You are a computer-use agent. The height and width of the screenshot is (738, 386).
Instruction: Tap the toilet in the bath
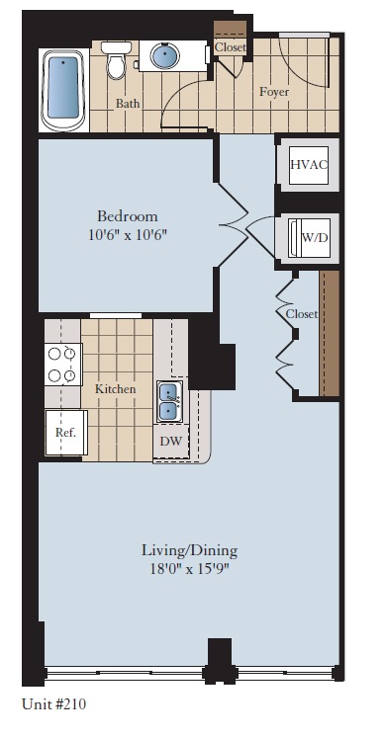tap(117, 61)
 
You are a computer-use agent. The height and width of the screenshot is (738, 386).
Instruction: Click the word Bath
tap(127, 103)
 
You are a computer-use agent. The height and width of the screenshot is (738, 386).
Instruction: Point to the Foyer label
tap(273, 92)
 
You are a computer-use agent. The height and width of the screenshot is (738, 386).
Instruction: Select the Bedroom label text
tap(127, 216)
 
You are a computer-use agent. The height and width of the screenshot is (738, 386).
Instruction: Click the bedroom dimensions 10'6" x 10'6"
tap(127, 234)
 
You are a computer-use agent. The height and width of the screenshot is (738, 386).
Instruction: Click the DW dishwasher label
tap(171, 441)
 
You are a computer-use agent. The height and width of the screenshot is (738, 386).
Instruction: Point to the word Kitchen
tap(115, 389)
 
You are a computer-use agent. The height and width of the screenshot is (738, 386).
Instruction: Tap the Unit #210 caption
tap(60, 704)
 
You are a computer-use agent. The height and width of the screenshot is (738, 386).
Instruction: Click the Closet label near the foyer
tap(230, 46)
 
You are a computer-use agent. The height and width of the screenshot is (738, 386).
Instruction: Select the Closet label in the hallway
tap(301, 314)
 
